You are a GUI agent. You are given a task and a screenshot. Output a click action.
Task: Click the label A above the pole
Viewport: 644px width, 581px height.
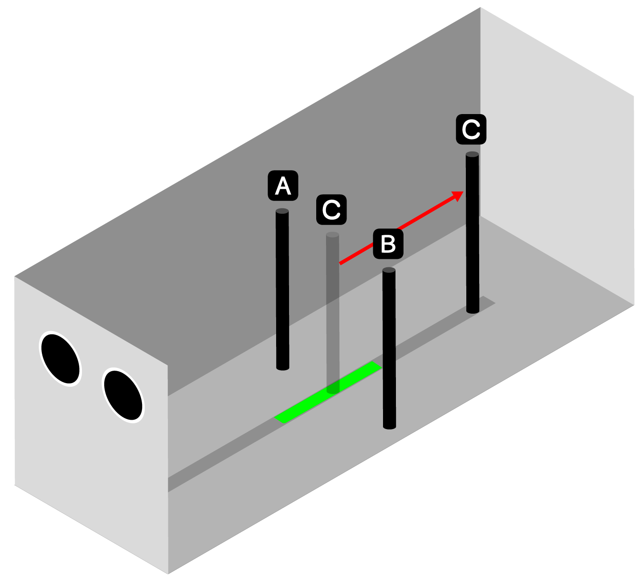(283, 185)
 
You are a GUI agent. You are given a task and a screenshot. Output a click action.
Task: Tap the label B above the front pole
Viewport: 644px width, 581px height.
(388, 244)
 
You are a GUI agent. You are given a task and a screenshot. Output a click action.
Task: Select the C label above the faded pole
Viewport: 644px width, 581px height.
(331, 209)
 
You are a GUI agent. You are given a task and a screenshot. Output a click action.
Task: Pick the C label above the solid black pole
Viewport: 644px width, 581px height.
(471, 130)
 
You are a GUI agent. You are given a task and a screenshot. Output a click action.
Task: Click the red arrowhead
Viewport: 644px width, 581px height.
(458, 195)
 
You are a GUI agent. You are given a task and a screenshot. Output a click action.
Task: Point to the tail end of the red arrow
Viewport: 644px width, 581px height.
(341, 264)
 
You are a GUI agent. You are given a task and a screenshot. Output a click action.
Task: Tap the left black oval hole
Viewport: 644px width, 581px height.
(61, 358)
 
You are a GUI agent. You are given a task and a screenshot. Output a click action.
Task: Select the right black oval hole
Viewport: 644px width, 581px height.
(123, 395)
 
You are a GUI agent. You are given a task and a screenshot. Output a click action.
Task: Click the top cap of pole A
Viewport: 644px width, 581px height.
(282, 211)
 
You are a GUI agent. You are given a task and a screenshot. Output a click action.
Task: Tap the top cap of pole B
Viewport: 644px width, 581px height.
(389, 270)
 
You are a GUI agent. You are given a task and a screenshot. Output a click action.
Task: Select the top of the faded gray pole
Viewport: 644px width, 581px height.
(332, 235)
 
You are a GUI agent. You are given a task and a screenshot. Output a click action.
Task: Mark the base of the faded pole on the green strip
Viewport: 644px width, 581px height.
(333, 390)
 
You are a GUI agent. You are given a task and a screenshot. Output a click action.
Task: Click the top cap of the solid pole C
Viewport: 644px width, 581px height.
(472, 155)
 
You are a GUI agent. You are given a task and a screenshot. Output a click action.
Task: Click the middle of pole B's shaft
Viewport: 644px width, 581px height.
(389, 348)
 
